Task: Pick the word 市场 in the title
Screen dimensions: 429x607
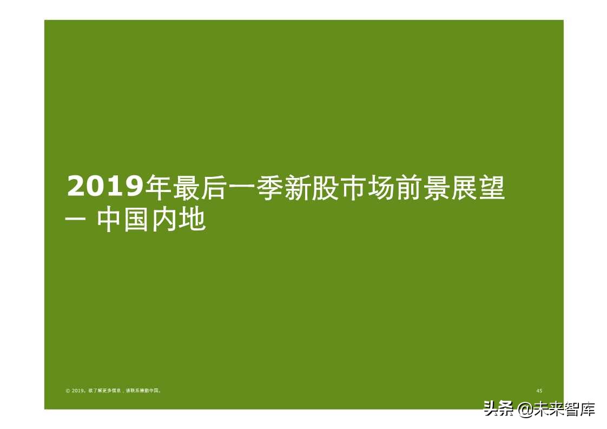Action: click(367, 188)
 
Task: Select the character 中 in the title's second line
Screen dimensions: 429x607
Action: click(110, 220)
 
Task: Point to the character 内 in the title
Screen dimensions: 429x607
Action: click(165, 220)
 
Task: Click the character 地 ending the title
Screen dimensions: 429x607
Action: click(193, 220)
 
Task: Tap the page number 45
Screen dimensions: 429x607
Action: click(539, 391)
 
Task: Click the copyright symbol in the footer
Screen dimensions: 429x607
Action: click(68, 391)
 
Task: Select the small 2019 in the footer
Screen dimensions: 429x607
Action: click(78, 391)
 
